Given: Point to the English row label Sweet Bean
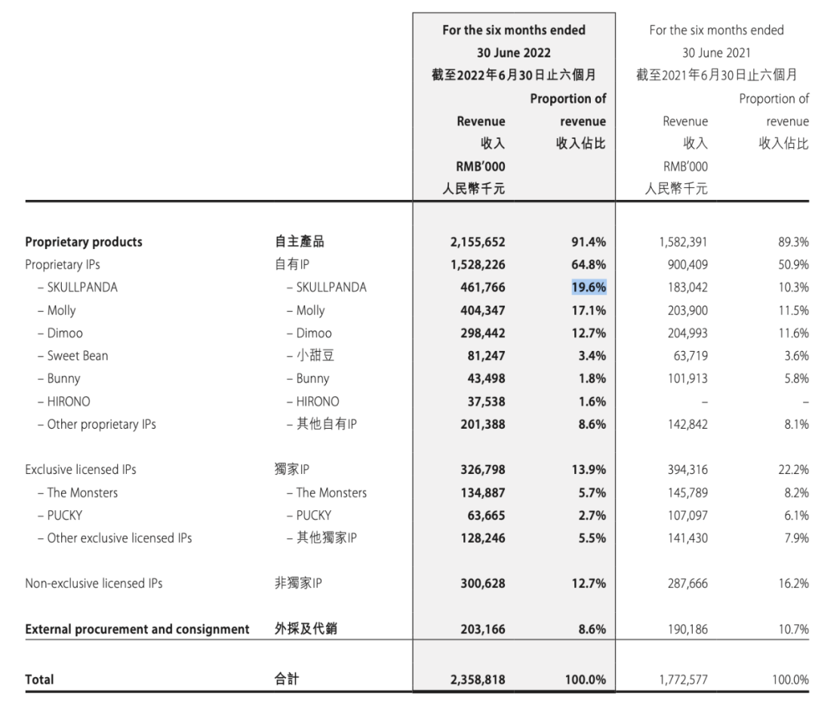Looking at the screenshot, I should [78, 356].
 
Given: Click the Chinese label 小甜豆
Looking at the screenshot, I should [309, 356].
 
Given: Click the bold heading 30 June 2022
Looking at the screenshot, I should [513, 53].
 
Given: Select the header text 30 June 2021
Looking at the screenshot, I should [716, 53].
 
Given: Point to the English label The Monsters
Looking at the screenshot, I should [82, 493].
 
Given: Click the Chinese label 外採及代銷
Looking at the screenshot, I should [304, 629].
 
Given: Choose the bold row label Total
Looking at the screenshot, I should [39, 679].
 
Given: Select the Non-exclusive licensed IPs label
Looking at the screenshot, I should [94, 583].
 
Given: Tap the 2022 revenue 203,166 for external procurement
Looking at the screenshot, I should [478, 629].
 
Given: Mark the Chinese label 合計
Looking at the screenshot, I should [286, 679].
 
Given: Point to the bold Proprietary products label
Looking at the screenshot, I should [84, 242].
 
